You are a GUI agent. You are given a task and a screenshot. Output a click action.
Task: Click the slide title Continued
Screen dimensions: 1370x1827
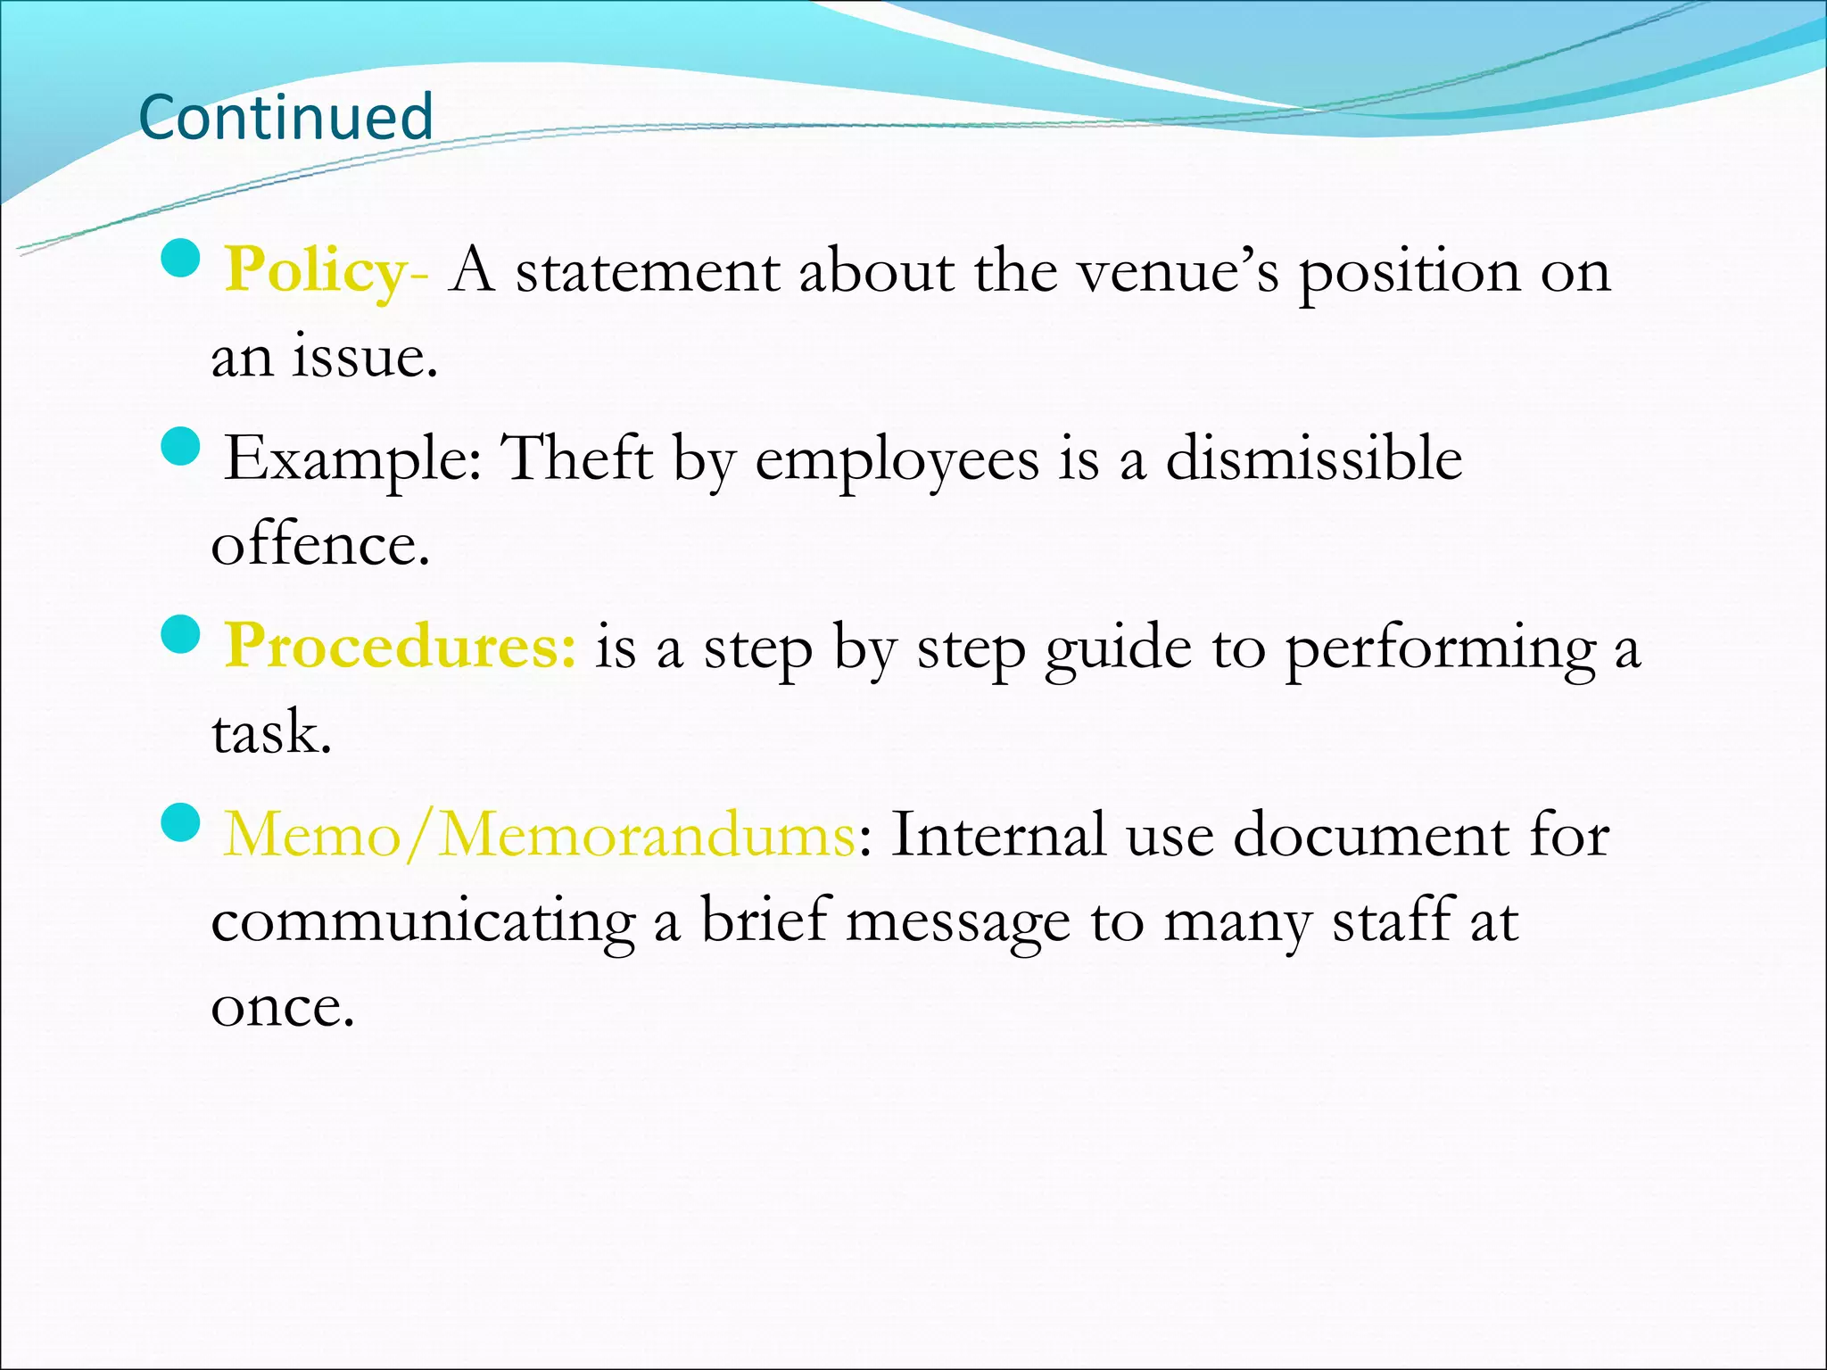point(285,117)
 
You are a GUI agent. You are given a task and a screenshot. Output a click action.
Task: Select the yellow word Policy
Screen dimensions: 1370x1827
point(315,270)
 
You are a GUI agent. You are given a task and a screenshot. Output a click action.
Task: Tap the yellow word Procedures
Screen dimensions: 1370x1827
point(400,646)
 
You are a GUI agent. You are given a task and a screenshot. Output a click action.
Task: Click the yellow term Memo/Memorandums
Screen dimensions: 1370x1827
point(539,835)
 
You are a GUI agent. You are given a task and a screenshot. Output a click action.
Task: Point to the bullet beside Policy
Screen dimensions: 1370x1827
point(181,259)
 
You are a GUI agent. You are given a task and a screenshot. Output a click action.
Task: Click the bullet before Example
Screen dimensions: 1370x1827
point(181,447)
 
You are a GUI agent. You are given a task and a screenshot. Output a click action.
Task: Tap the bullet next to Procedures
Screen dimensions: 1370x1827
point(181,635)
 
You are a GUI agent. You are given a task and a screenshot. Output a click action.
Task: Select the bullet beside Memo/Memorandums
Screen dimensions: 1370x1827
point(181,822)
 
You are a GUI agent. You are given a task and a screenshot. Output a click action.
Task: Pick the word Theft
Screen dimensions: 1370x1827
point(578,458)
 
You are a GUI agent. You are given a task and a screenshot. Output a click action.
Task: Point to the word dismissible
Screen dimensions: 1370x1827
point(1314,458)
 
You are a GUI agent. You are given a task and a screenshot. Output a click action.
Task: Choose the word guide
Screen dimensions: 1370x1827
point(1118,648)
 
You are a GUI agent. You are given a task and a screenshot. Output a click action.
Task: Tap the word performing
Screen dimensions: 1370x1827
point(1440,648)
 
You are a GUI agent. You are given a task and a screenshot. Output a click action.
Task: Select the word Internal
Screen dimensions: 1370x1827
point(997,835)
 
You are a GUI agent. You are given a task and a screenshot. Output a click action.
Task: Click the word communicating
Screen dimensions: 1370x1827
point(423,922)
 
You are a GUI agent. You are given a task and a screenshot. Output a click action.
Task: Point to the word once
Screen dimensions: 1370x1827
point(283,1008)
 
